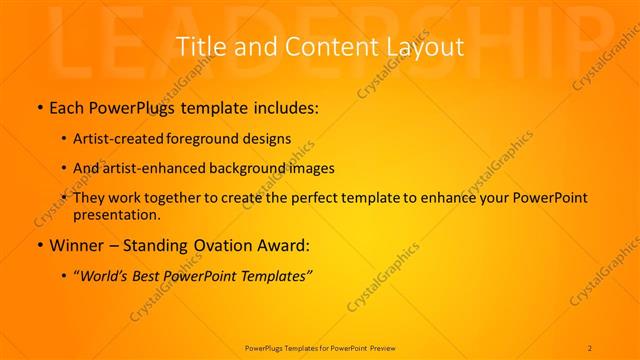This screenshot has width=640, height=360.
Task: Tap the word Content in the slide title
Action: (x=321, y=47)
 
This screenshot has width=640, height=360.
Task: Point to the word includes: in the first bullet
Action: (x=290, y=106)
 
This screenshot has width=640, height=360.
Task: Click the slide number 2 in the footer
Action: (x=590, y=347)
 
